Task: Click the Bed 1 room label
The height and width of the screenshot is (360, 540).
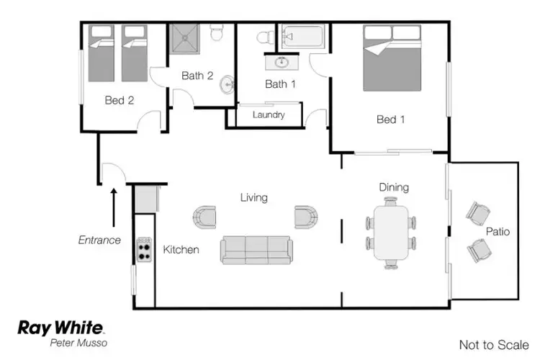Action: click(x=390, y=120)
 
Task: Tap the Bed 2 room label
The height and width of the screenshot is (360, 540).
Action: click(x=120, y=101)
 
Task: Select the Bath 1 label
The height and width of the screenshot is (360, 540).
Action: click(x=281, y=84)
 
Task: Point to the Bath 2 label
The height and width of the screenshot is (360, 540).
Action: click(x=197, y=75)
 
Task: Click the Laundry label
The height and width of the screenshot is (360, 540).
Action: click(x=269, y=115)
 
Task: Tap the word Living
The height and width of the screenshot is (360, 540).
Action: click(x=254, y=197)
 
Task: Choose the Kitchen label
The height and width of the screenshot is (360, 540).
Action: click(x=181, y=250)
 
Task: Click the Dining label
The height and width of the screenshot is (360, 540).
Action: click(x=394, y=187)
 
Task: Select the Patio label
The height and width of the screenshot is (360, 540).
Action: click(x=498, y=232)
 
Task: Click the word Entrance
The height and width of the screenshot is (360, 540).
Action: click(x=99, y=240)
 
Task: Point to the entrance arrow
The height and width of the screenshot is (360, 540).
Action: click(x=114, y=207)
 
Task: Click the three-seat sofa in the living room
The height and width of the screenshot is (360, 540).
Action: click(x=257, y=249)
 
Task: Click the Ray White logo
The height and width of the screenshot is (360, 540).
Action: click(x=60, y=328)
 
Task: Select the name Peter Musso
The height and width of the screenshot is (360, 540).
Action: click(x=78, y=343)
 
